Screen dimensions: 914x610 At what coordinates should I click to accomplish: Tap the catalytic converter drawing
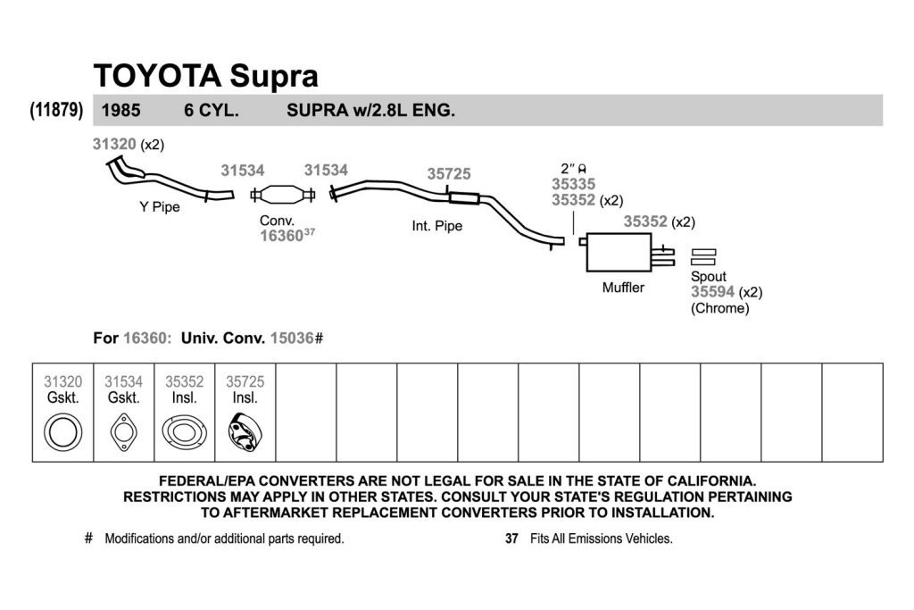tap(283, 194)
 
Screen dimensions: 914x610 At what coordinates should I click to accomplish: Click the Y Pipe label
tap(160, 207)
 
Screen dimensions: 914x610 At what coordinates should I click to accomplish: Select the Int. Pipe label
tap(437, 226)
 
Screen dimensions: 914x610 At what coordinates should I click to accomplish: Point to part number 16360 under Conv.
tap(281, 236)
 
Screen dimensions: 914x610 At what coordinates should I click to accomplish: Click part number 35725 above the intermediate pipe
tap(449, 174)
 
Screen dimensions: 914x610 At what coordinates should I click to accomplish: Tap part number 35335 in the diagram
tap(574, 184)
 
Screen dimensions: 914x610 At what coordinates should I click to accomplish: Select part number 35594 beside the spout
tap(712, 291)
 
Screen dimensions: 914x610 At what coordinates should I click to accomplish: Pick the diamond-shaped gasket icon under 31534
tap(123, 432)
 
